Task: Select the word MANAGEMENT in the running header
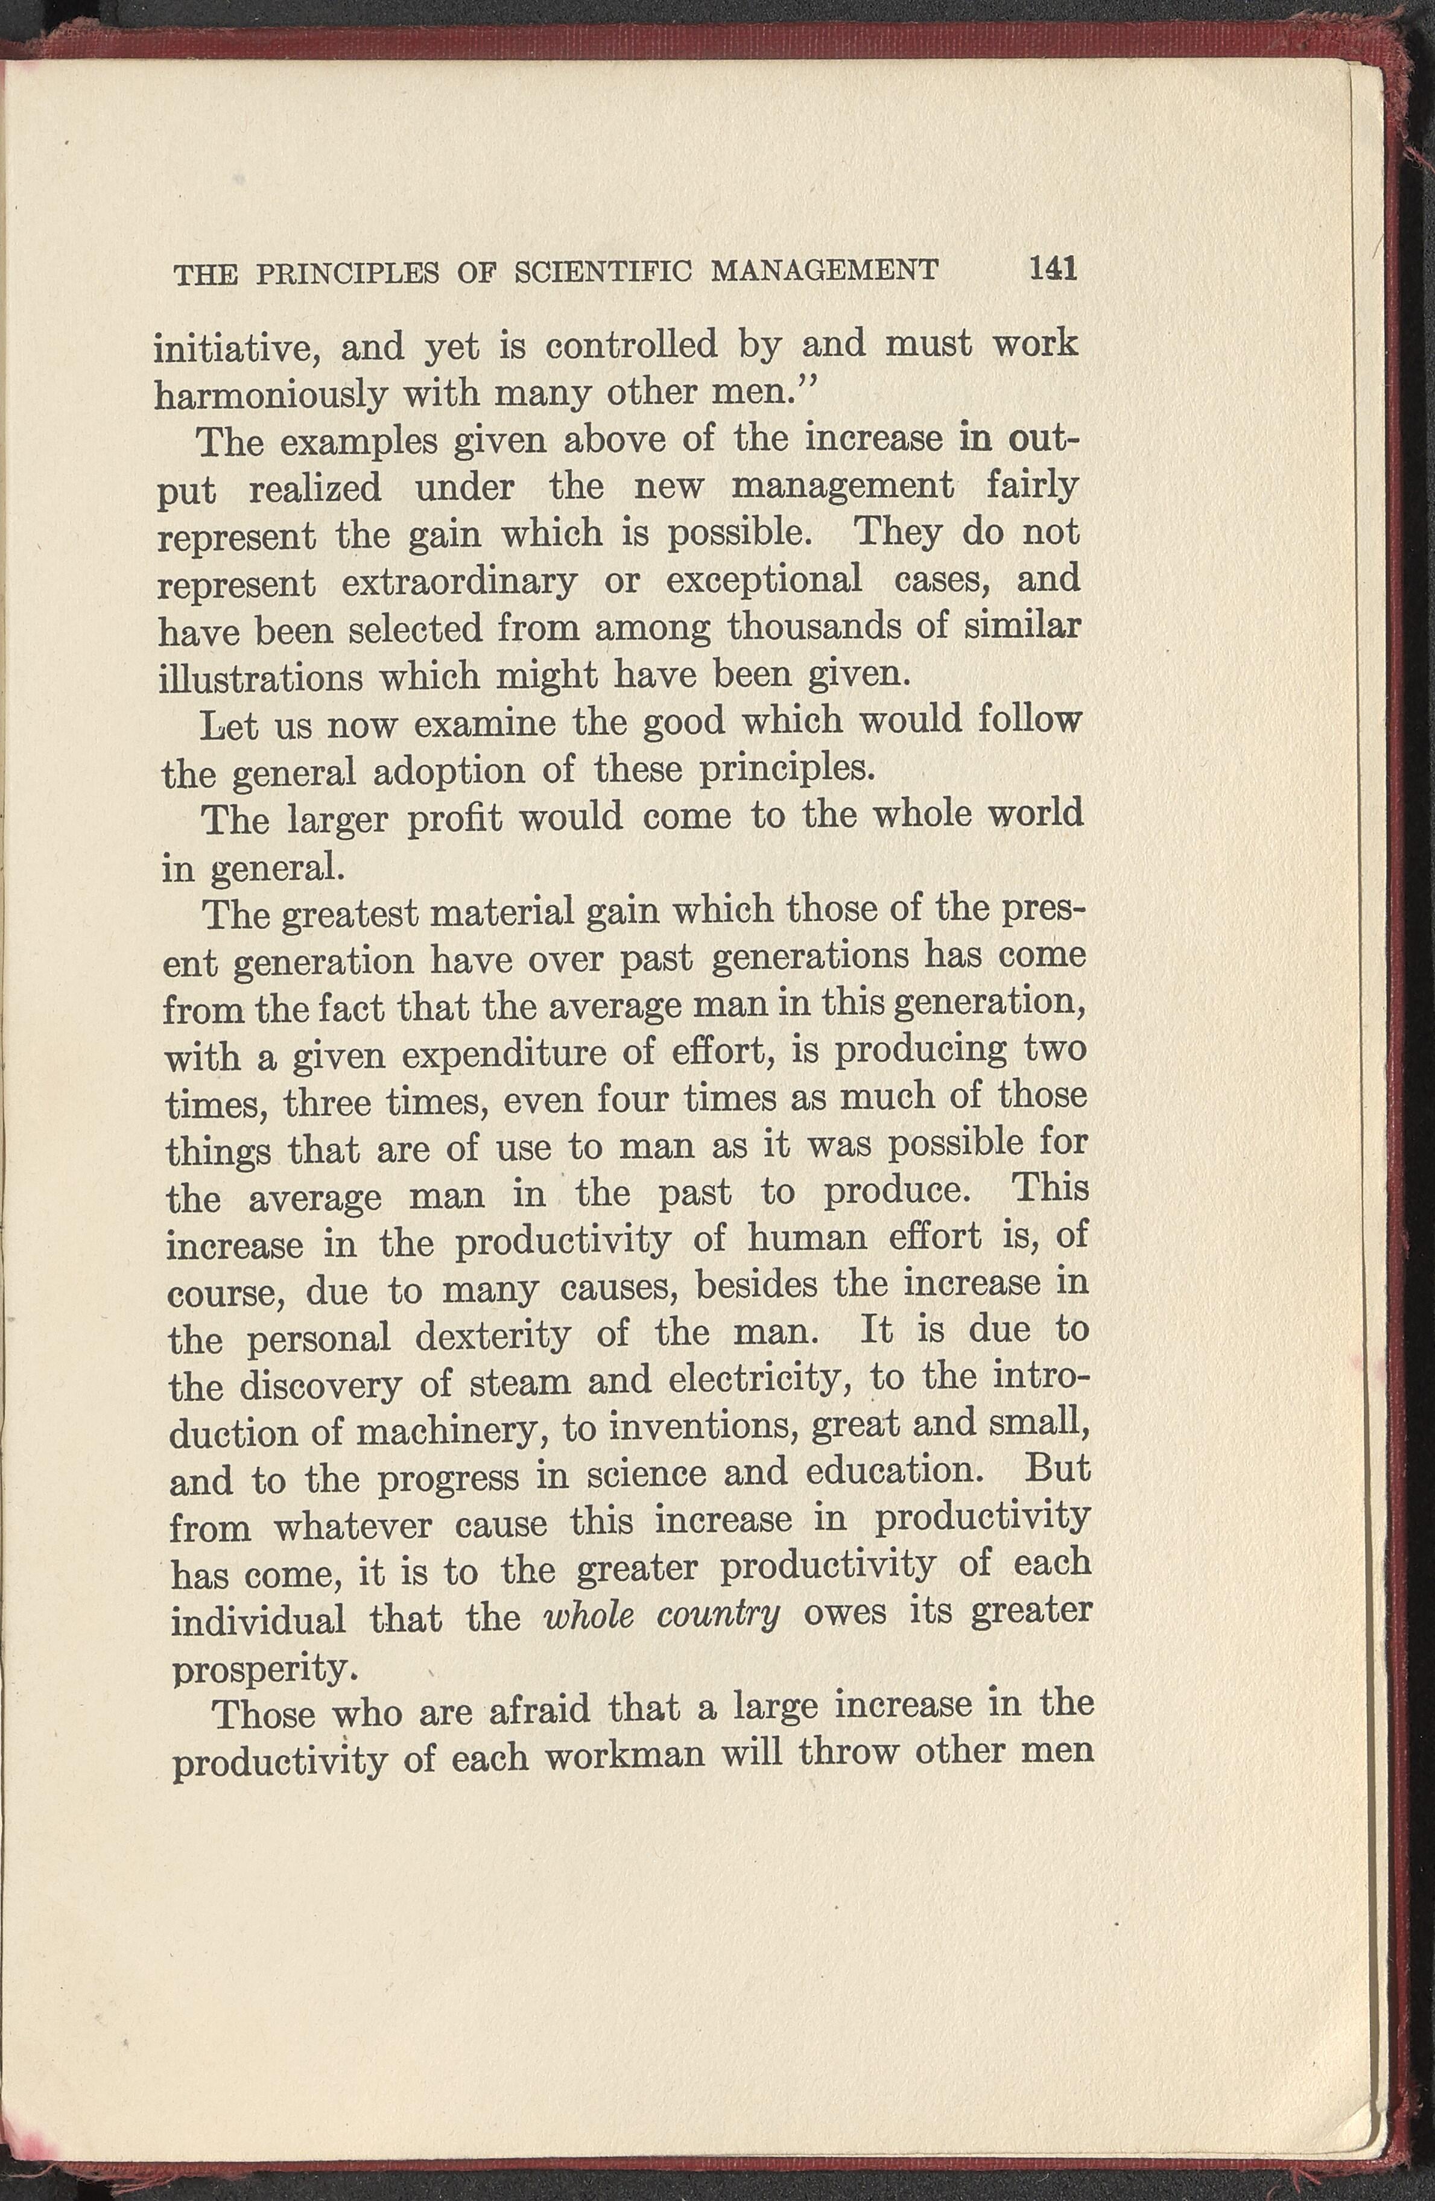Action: click(x=825, y=271)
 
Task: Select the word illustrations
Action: click(x=261, y=678)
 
